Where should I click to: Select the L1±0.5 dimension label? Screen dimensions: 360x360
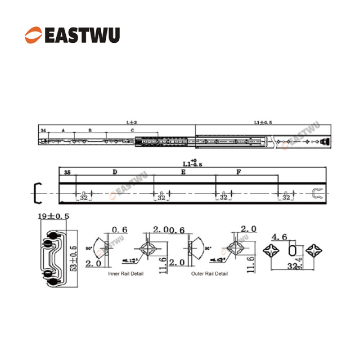click(263, 122)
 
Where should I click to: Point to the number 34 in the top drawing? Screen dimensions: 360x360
click(43, 130)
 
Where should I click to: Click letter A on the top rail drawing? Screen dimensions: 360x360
click(63, 130)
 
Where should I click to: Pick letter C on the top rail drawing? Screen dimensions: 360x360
click(132, 130)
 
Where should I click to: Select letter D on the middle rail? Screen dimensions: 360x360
click(114, 172)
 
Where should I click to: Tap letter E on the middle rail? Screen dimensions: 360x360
click(183, 172)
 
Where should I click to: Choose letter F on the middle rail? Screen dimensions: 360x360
click(238, 172)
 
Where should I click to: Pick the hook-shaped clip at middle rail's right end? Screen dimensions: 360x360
click(317, 193)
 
